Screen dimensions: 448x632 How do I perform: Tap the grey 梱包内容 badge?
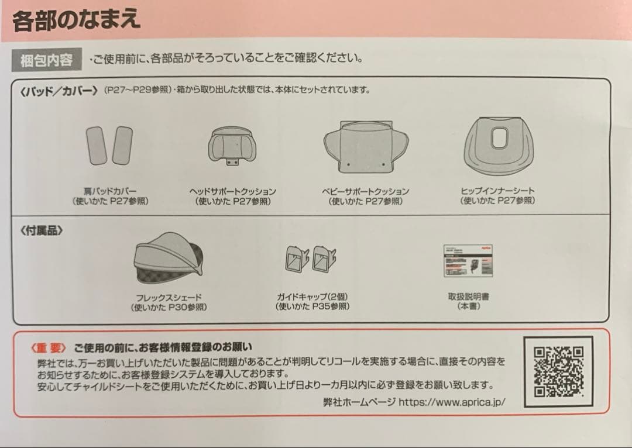point(47,60)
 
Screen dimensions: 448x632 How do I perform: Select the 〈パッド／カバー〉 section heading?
point(59,91)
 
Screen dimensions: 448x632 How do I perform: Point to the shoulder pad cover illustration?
point(109,144)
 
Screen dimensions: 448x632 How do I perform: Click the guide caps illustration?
point(310,258)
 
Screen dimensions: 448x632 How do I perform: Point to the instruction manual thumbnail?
point(468,261)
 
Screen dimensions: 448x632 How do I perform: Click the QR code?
point(559,372)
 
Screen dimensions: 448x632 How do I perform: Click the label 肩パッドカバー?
point(110,191)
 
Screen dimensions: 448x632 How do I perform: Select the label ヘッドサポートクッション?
point(232,191)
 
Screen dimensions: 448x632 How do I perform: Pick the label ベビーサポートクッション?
point(365,191)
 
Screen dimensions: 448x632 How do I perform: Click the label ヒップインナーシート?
point(497,191)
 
